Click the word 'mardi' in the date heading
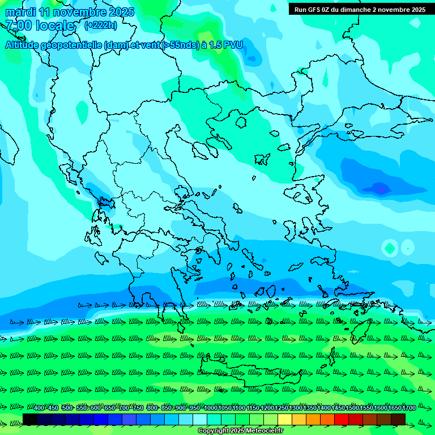pyautogui.click(x=20, y=12)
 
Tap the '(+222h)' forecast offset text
pyautogui.click(x=101, y=25)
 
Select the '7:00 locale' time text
pyautogui.click(x=40, y=25)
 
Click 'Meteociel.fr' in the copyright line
pyautogui.click(x=262, y=431)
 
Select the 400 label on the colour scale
pyautogui.click(x=39, y=408)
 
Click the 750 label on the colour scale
pyautogui.click(x=138, y=408)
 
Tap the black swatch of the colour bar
pyautogui.click(x=30, y=419)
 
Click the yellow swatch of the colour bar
pyautogui.click(x=285, y=419)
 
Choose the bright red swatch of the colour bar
pyautogui.click(x=342, y=419)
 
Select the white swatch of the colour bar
pyautogui.click(x=200, y=419)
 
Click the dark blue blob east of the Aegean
pyautogui.click(x=378, y=187)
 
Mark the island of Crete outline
pyautogui.click(x=249, y=371)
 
